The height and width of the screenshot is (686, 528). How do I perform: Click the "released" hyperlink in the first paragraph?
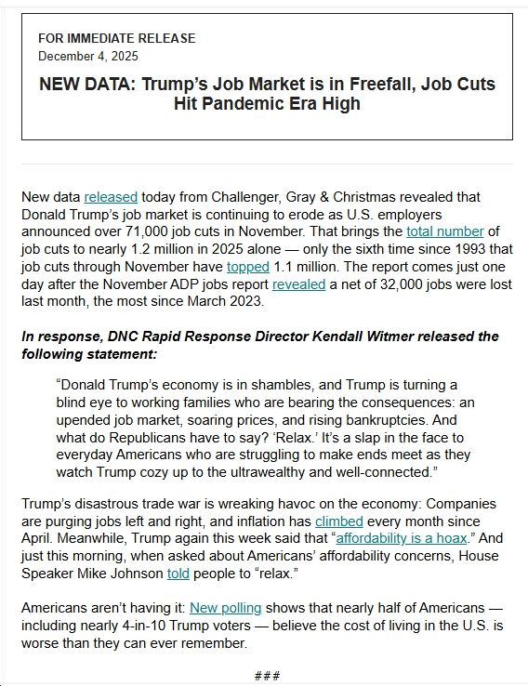click(111, 197)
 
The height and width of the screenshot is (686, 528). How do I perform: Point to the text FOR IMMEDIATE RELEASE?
click(117, 38)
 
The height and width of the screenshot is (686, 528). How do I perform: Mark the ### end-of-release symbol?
click(268, 676)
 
